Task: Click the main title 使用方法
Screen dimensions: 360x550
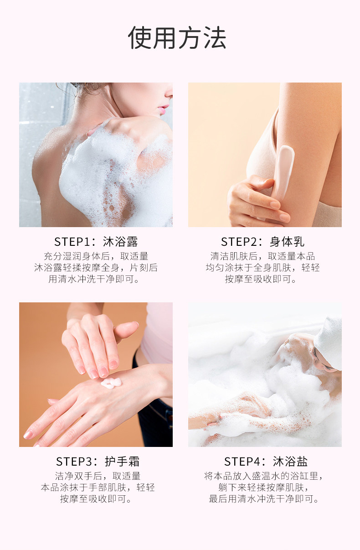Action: pos(177,37)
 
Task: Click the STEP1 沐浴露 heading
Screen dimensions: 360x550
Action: pos(96,242)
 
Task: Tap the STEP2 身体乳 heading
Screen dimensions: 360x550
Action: pos(262,242)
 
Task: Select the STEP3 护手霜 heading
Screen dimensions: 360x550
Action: pos(98,462)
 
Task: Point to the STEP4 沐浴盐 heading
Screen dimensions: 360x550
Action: pos(266,462)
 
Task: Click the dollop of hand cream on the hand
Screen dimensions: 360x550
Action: pos(111,383)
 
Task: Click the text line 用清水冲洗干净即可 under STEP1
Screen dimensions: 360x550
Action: pos(94,279)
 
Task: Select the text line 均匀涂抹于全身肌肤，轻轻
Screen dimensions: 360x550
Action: pos(262,268)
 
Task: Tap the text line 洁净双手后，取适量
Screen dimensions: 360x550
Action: pos(98,476)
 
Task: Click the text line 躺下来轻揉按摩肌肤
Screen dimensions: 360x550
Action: pos(263,488)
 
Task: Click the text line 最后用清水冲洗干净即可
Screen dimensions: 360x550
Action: pos(264,499)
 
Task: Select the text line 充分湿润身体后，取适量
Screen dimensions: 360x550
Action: pos(96,256)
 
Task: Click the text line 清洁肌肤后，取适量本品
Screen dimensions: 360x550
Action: pos(262,256)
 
